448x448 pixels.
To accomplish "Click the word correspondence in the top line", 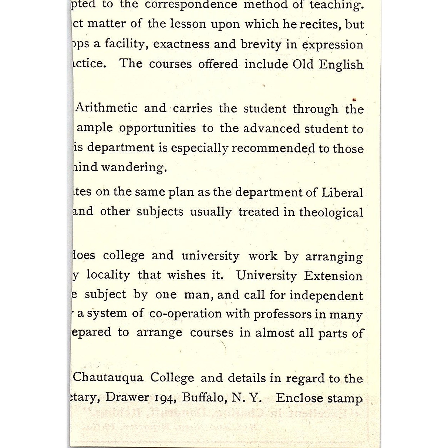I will pyautogui.click(x=191, y=5).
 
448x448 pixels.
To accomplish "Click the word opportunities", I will pyautogui.click(x=158, y=128).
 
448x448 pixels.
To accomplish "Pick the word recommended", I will pyautogui.click(x=274, y=148).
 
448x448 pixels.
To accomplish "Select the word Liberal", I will pyautogui.click(x=342, y=192).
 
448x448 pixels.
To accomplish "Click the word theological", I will pyautogui.click(x=331, y=212).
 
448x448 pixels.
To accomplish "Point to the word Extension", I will pyautogui.click(x=333, y=276).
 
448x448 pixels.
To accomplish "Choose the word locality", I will pyautogui.click(x=108, y=275).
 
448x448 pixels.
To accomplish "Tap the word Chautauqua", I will pyautogui.click(x=108, y=378).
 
